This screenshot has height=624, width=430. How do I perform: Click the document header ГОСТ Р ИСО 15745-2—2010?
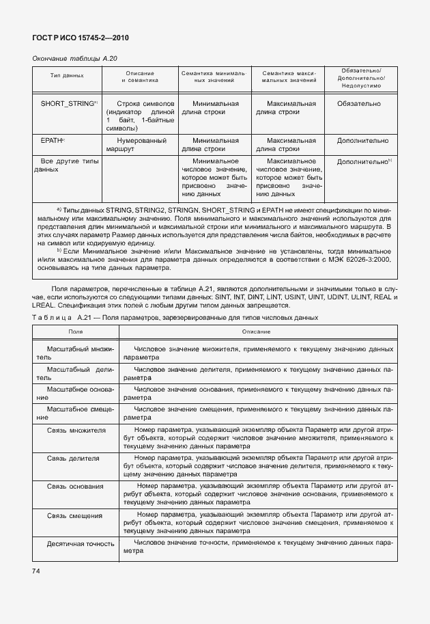point(81,38)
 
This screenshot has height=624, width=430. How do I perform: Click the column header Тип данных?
point(67,76)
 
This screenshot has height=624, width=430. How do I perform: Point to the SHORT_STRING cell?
point(69,104)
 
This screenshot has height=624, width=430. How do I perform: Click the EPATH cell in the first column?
point(53,140)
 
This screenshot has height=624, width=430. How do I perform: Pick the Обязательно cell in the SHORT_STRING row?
point(358,104)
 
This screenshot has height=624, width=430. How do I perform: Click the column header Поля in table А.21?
point(75,331)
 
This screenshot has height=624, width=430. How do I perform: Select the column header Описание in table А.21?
point(256,331)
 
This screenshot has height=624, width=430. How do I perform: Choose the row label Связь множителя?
point(76,431)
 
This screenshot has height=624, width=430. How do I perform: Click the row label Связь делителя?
point(74,458)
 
